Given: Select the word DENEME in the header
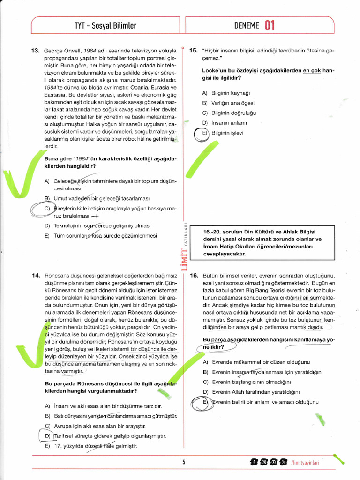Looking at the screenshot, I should [x=247, y=25].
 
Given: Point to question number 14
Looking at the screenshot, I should [x=37, y=275].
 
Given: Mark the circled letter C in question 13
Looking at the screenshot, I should [x=47, y=208].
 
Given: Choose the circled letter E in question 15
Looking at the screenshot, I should [x=204, y=133].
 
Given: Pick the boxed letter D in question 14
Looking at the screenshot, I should [x=47, y=436].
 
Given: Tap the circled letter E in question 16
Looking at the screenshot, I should [x=204, y=402].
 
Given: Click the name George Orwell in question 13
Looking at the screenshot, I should [x=60, y=50].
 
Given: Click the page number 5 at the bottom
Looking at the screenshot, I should [x=184, y=462].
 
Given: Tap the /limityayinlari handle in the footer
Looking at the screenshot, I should [x=305, y=463].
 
